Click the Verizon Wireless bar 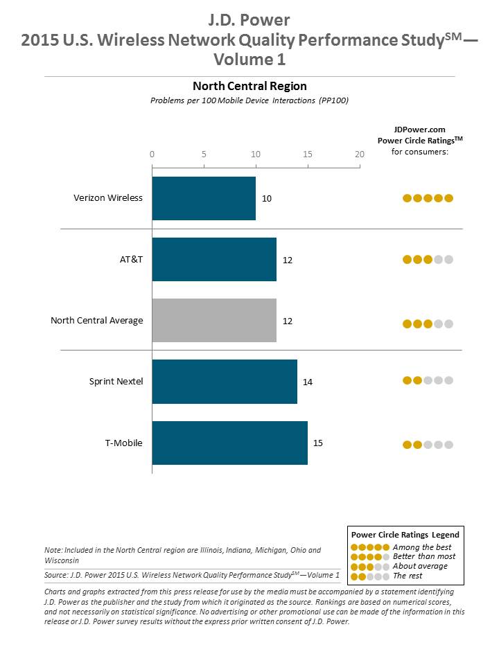[204, 198]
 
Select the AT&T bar [214, 259]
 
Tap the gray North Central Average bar [214, 320]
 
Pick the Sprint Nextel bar [225, 381]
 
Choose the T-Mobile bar [229, 442]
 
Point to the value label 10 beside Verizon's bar [267, 199]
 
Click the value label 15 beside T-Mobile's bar [318, 443]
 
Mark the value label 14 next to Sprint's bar [308, 382]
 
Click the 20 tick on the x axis [359, 154]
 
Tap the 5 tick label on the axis [204, 154]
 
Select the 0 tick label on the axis [152, 154]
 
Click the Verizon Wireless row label [108, 198]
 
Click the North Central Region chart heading [249, 86]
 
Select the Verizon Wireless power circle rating [428, 198]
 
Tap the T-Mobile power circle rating [428, 445]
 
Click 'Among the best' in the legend [421, 547]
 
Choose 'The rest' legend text [407, 576]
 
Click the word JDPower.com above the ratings [419, 130]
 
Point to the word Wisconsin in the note [62, 560]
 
